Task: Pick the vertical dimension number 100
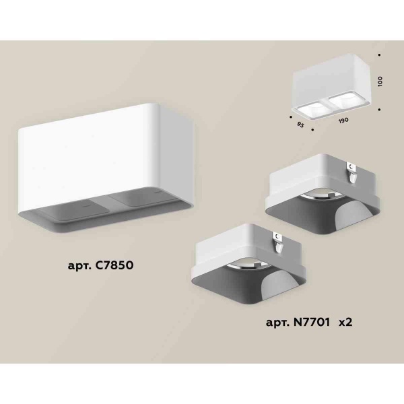coord(380,79)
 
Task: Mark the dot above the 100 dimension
coord(380,54)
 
